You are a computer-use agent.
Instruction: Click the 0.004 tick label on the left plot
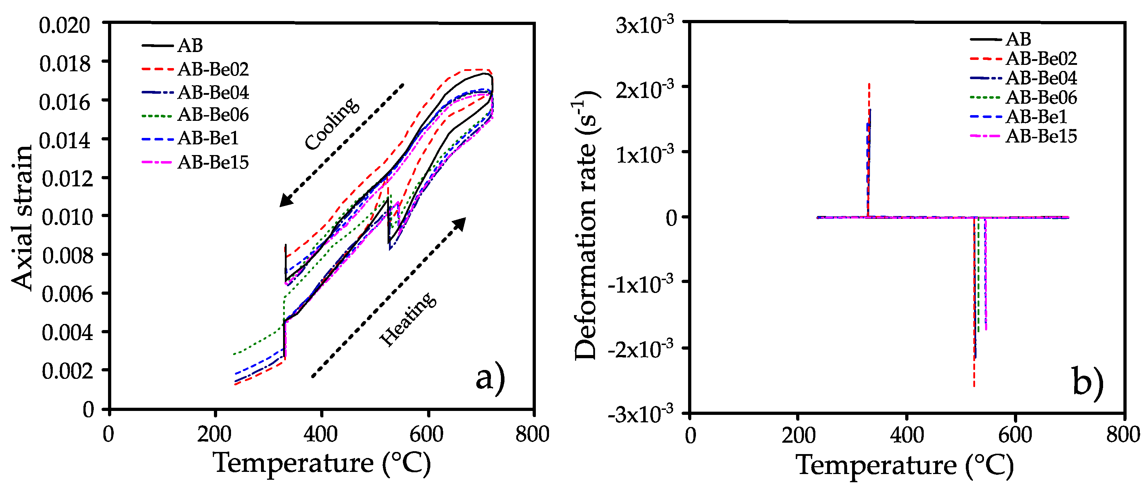click(x=67, y=332)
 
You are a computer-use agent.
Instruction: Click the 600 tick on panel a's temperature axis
click(x=427, y=433)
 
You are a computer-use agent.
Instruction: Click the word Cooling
click(x=332, y=123)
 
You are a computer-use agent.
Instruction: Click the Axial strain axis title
click(x=22, y=217)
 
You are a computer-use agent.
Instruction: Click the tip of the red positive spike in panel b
click(x=869, y=84)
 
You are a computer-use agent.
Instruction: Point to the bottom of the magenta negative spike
click(x=986, y=330)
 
